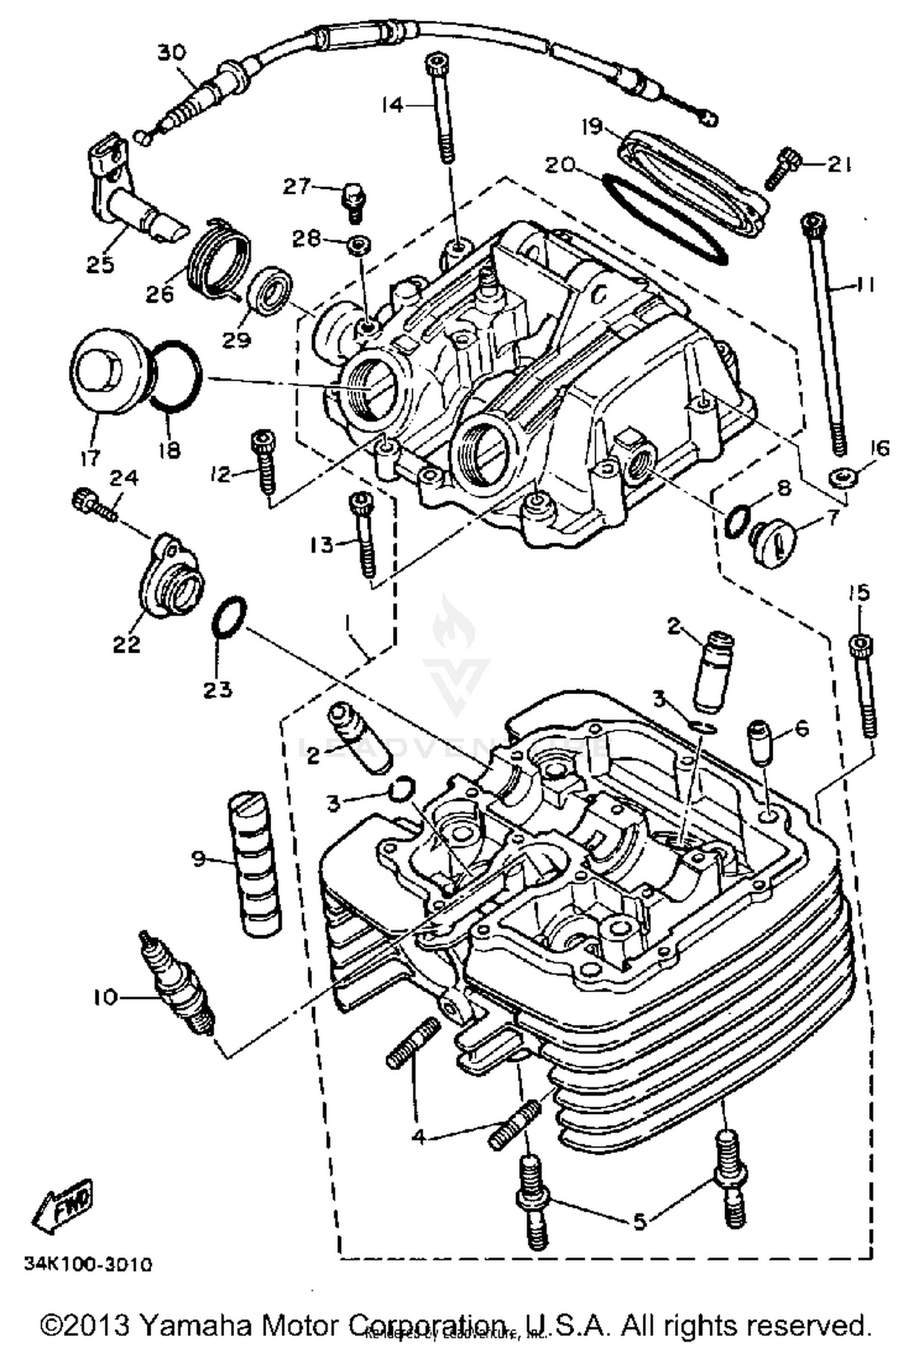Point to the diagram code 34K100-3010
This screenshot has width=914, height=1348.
(88, 1264)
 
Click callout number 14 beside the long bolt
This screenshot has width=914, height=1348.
(392, 105)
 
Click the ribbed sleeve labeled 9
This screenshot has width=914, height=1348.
(254, 870)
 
